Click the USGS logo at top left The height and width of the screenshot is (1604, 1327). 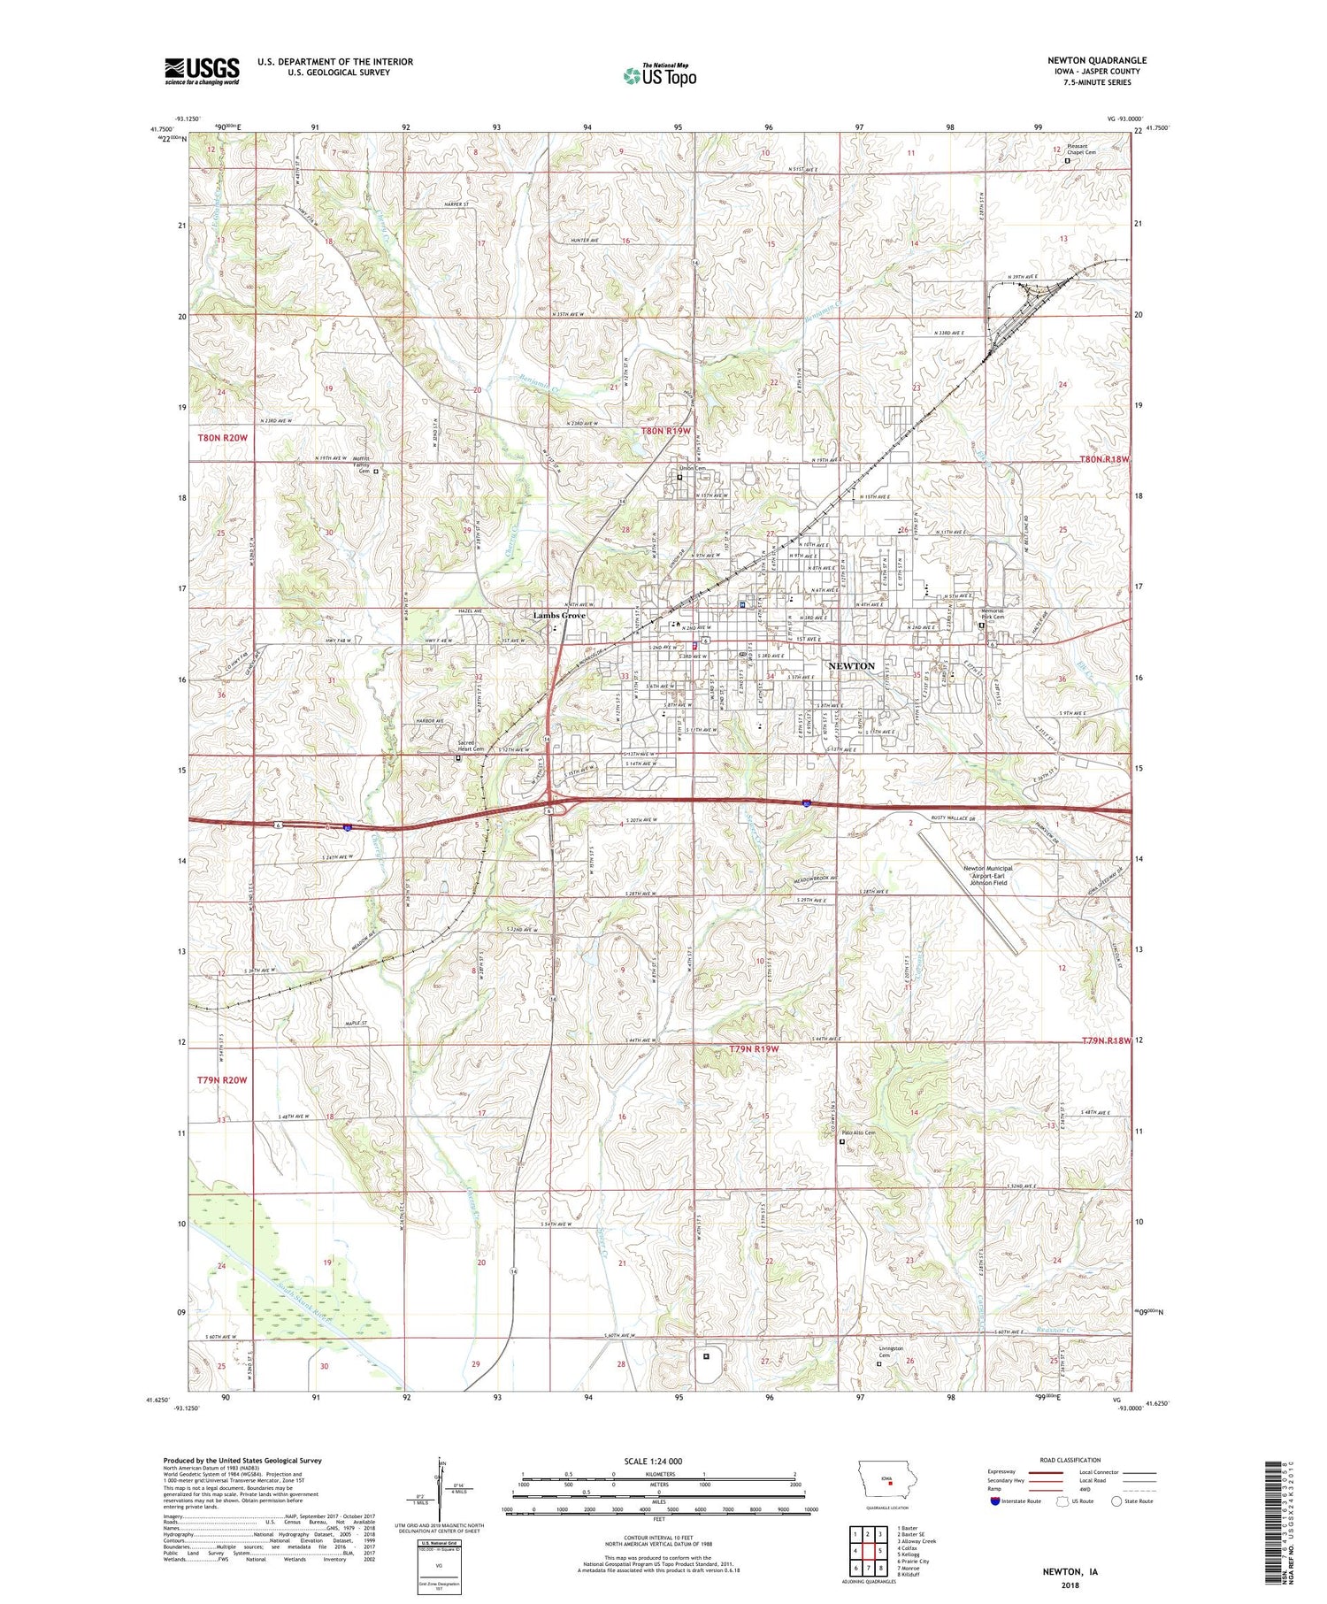click(x=202, y=71)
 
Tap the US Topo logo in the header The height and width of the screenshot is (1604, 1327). click(x=660, y=76)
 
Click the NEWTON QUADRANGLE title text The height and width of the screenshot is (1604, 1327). click(x=1096, y=60)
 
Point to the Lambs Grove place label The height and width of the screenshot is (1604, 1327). click(x=558, y=616)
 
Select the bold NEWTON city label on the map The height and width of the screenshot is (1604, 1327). click(x=851, y=665)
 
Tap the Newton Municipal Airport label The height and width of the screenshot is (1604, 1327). click(x=987, y=875)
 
